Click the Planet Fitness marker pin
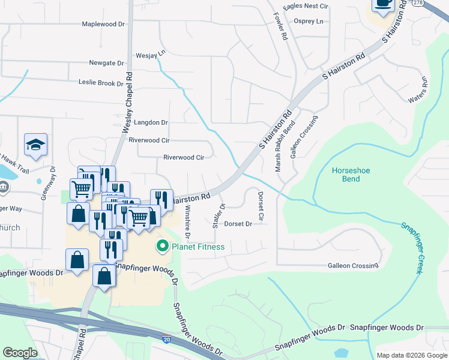pyautogui.click(x=162, y=246)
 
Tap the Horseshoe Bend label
pyautogui.click(x=355, y=175)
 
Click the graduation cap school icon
pyautogui.click(x=36, y=145)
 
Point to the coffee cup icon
pyautogui.click(x=383, y=4)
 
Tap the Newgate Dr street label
pyautogui.click(x=106, y=62)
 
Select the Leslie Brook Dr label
pyautogui.click(x=100, y=83)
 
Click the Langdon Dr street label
pyautogui.click(x=151, y=122)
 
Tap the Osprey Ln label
pyautogui.click(x=309, y=21)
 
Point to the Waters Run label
pyautogui.click(x=417, y=89)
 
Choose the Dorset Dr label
pyautogui.click(x=238, y=224)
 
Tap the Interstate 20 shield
pyautogui.click(x=166, y=340)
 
